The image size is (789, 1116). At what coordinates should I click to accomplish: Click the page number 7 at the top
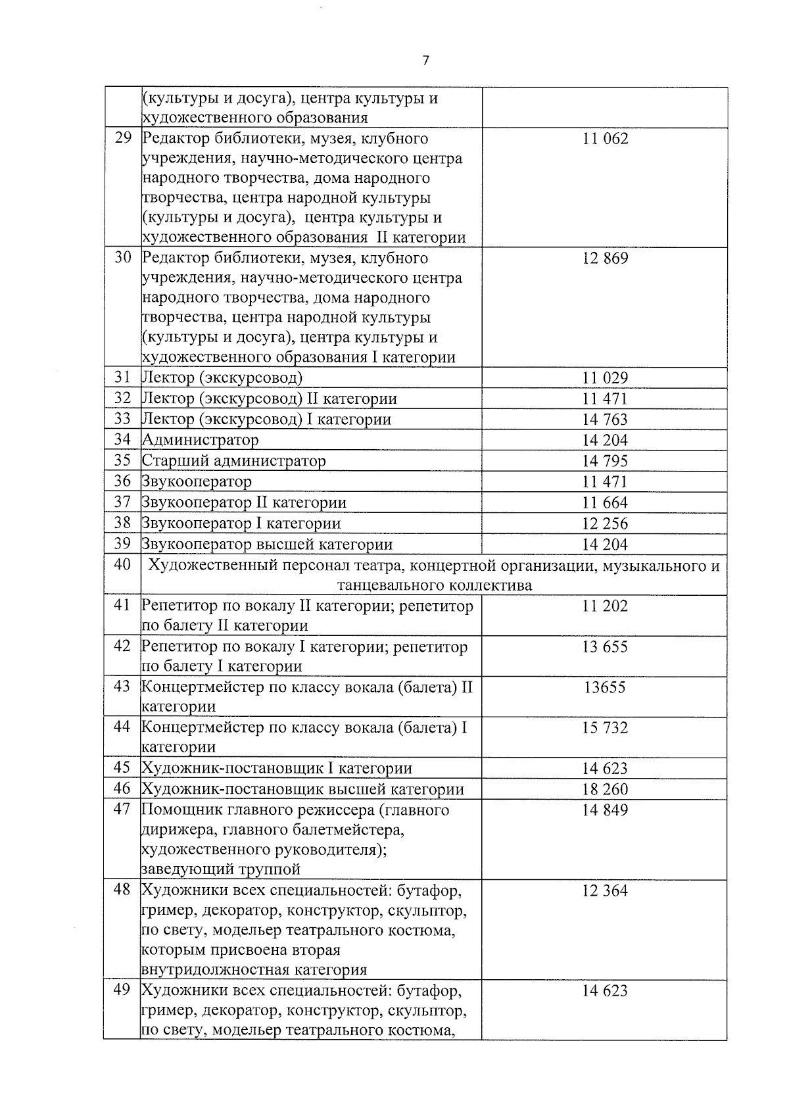[426, 61]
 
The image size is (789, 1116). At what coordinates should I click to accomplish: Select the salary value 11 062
[605, 139]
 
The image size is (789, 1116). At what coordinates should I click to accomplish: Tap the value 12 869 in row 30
[605, 258]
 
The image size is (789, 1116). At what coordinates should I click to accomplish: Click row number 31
[122, 377]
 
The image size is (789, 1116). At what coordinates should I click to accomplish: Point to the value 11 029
[605, 378]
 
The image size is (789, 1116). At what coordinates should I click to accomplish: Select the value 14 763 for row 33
[605, 420]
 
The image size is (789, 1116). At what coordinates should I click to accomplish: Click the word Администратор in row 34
[201, 440]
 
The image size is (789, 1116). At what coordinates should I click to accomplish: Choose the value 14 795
[605, 461]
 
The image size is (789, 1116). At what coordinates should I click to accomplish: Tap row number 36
[122, 481]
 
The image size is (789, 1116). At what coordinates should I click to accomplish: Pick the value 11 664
[605, 503]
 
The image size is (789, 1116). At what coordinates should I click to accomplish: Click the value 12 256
[605, 523]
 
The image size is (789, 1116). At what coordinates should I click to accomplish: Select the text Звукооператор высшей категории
[267, 545]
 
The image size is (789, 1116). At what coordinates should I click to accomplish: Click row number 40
[122, 565]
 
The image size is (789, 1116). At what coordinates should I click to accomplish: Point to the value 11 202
[605, 606]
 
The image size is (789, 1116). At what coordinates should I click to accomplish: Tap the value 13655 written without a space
[605, 688]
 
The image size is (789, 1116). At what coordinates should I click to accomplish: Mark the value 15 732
[605, 728]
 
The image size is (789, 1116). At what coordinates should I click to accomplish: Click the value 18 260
[605, 789]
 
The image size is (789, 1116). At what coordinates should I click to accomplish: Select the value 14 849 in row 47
[605, 810]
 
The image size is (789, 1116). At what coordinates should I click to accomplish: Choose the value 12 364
[605, 891]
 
